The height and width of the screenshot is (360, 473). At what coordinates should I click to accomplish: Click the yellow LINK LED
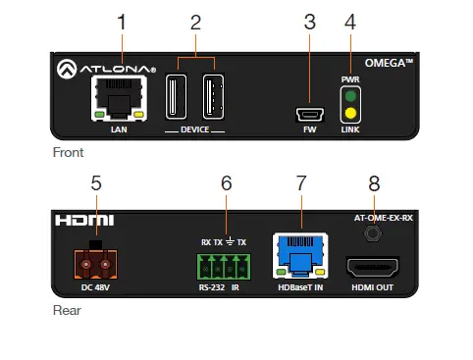click(349, 114)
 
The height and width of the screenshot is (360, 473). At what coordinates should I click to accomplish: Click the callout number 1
click(121, 21)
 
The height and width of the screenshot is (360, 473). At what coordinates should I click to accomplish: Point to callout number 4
click(349, 21)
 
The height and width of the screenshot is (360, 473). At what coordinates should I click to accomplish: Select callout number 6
click(226, 182)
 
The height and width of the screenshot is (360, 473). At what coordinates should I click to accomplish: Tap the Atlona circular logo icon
click(69, 69)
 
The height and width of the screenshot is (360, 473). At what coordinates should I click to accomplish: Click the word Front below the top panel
click(69, 153)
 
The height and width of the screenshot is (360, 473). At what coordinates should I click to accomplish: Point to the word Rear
click(67, 311)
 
